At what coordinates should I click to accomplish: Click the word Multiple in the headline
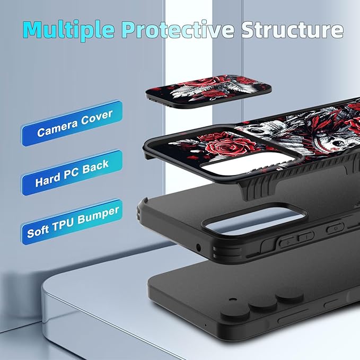point(68,30)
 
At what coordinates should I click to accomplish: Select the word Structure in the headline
point(292,29)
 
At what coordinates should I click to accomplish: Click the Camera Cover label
point(72,123)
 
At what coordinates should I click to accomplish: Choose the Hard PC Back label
point(72,172)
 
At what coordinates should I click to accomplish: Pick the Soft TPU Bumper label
point(72,222)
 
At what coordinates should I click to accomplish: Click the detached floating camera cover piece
point(208,91)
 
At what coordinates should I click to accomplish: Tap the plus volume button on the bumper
point(287,242)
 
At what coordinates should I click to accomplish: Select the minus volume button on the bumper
point(305,236)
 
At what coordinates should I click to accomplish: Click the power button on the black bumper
point(335,228)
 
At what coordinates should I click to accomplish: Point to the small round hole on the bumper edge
point(198,248)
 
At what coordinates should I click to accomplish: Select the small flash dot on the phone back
point(233,300)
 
